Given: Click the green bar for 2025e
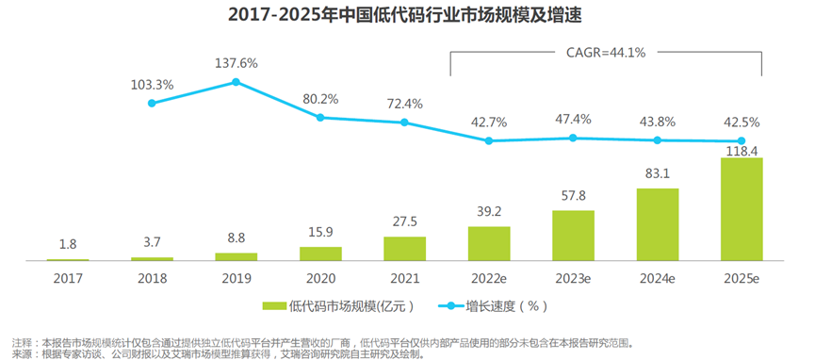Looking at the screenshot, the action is click(742, 208).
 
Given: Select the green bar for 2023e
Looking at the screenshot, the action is click(573, 236).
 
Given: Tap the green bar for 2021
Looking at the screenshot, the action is click(405, 249).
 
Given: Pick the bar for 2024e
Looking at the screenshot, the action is click(658, 224).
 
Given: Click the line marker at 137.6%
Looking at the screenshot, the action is click(236, 82).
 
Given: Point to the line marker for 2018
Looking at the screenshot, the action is click(152, 103).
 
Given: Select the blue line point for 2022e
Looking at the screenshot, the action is click(489, 140).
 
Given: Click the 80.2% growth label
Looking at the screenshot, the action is click(320, 99).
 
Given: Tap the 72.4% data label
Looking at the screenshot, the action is click(404, 104).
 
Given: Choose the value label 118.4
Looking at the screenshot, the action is click(742, 151).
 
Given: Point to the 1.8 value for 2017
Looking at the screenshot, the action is click(68, 244).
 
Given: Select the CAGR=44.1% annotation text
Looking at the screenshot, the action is click(606, 53).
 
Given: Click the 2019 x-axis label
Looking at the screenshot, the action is click(236, 279).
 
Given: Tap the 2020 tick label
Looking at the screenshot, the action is click(320, 279).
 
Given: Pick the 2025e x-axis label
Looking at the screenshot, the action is click(742, 279).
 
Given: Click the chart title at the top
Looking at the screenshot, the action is click(404, 16).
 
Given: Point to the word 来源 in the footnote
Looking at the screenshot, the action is click(22, 354).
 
